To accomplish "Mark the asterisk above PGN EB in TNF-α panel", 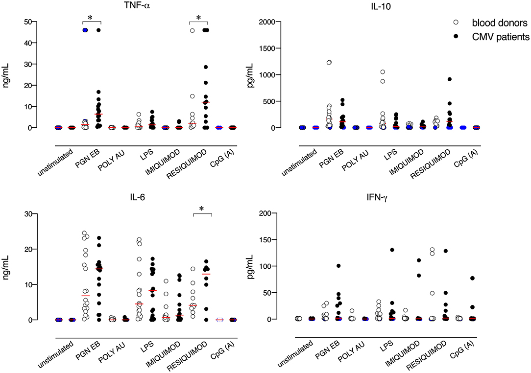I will (x=90, y=18).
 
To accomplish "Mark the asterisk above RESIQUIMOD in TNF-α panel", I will (x=199, y=18).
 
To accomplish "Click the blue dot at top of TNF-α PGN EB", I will (x=85, y=30).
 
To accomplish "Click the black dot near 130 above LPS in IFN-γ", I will (x=392, y=250).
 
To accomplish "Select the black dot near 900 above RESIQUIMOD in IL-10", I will (x=449, y=79).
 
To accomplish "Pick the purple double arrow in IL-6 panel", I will (x=219, y=320).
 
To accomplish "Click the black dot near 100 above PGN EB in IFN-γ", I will (x=338, y=266).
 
